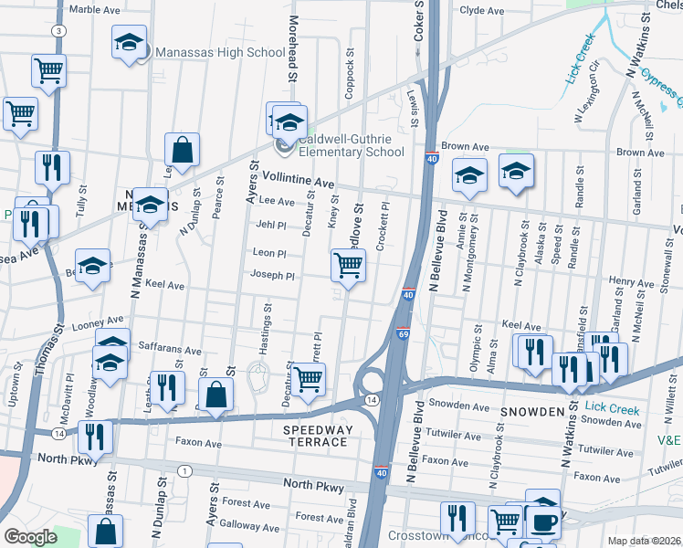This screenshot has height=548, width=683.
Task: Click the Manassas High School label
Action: coord(220,52)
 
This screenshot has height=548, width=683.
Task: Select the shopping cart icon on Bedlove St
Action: coord(348,265)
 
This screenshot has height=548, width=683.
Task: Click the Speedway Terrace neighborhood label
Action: coord(315,436)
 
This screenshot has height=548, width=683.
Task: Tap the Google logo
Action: coord(30,537)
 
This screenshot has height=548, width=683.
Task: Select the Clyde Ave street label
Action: coord(482,11)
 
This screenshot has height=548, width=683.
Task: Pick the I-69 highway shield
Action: coord(403,334)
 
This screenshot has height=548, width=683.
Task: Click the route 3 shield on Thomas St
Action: coord(58,31)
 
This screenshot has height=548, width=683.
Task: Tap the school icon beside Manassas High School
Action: coord(129,42)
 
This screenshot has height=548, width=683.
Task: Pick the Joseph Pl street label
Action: coord(273,275)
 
